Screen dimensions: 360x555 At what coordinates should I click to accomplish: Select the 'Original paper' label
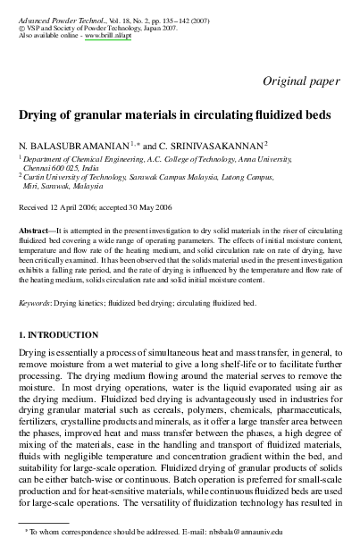[301, 81]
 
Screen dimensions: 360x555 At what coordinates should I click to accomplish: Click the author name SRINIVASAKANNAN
[216, 144]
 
